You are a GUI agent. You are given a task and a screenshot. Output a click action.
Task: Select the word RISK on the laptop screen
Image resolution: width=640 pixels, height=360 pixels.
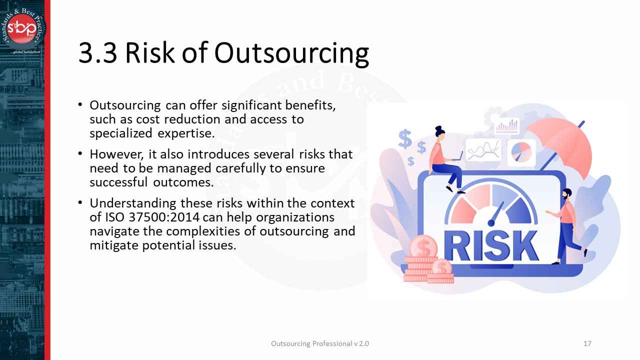tap(491, 245)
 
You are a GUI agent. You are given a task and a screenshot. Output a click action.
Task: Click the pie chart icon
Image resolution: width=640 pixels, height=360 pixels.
tap(521, 151)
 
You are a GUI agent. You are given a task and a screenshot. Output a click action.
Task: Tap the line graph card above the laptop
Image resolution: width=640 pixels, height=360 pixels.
tap(483, 149)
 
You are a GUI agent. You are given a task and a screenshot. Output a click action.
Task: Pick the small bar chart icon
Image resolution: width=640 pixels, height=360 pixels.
tap(507, 126)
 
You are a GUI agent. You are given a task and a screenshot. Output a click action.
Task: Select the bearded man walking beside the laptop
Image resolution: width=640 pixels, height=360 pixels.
tap(567, 224)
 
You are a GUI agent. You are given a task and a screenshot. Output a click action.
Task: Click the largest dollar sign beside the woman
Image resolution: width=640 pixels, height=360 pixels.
tap(405, 139)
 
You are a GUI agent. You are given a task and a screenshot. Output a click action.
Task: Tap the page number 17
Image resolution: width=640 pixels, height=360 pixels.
tap(587, 343)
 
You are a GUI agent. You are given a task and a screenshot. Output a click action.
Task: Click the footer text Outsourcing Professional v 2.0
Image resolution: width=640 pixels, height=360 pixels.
tap(320, 343)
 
